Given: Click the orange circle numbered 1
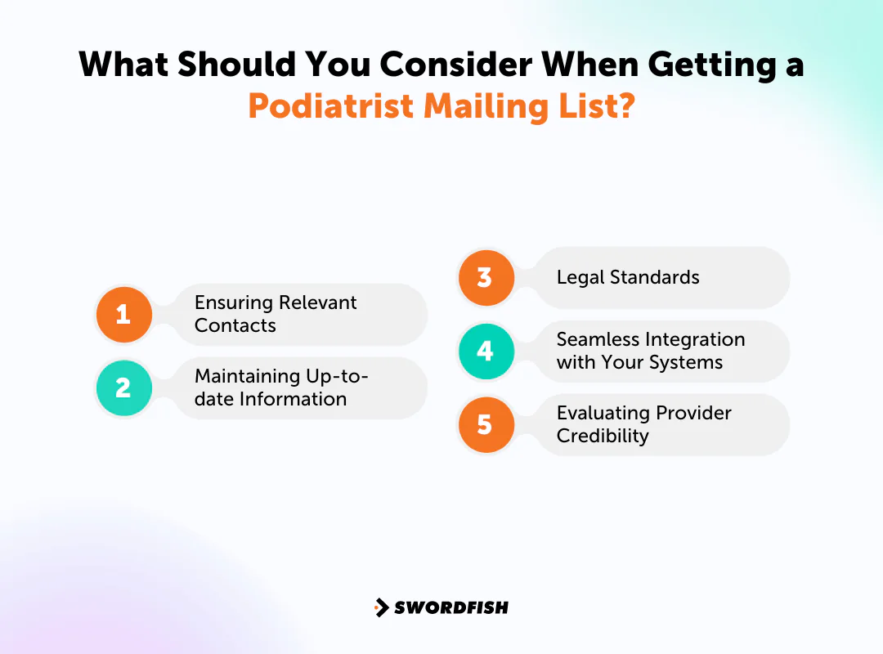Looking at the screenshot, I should click(124, 314).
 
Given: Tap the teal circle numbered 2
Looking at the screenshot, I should click(124, 387).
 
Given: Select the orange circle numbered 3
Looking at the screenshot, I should click(486, 277).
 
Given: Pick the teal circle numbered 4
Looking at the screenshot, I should click(486, 351).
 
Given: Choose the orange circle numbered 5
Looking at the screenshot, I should click(486, 424).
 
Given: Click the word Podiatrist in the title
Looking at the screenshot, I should click(331, 107).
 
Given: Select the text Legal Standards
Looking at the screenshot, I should click(628, 277).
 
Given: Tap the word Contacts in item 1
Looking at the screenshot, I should click(235, 325).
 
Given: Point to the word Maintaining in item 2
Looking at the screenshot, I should click(247, 376).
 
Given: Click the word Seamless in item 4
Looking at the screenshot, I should click(597, 339).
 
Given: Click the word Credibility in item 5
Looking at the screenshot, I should click(603, 436).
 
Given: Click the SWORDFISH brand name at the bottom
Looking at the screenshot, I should click(451, 607).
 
